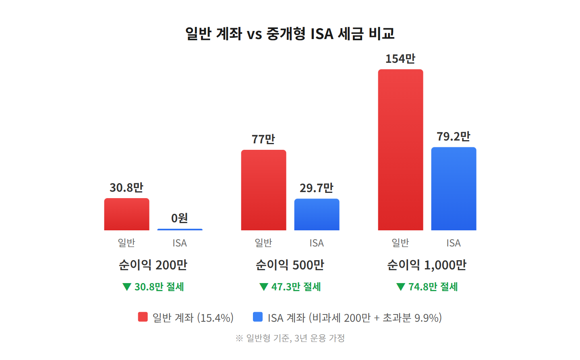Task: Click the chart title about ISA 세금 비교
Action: pyautogui.click(x=290, y=33)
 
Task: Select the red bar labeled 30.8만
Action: pyautogui.click(x=126, y=214)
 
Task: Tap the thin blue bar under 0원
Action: pyautogui.click(x=180, y=230)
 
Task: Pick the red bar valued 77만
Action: pyautogui.click(x=263, y=190)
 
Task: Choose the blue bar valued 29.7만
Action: pyautogui.click(x=317, y=215)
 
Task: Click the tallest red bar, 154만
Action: pyautogui.click(x=400, y=150)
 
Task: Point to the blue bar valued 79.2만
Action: pyautogui.click(x=454, y=189)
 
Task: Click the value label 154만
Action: pyautogui.click(x=400, y=59)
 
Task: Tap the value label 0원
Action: pyautogui.click(x=180, y=218)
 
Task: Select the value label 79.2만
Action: pyautogui.click(x=454, y=137)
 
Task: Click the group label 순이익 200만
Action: pyautogui.click(x=153, y=265)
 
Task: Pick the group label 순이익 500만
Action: pyautogui.click(x=290, y=265)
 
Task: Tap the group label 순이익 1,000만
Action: pyautogui.click(x=427, y=265)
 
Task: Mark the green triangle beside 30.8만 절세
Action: pyautogui.click(x=127, y=287)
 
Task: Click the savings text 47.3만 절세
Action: pyautogui.click(x=296, y=287)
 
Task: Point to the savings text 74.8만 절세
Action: pyautogui.click(x=433, y=287)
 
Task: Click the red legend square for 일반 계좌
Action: pyautogui.click(x=143, y=317)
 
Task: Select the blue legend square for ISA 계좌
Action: pyautogui.click(x=258, y=317)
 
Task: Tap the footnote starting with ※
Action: pyautogui.click(x=290, y=338)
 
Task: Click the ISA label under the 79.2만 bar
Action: pyautogui.click(x=454, y=243)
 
